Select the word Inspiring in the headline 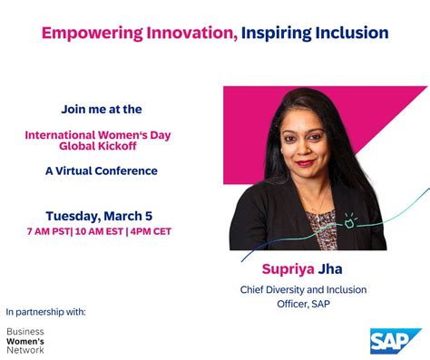click(278, 34)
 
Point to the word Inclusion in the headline click(353, 34)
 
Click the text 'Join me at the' click(102, 109)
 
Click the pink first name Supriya click(288, 269)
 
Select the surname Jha click(330, 269)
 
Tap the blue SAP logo click(395, 340)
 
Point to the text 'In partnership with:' click(45, 311)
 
